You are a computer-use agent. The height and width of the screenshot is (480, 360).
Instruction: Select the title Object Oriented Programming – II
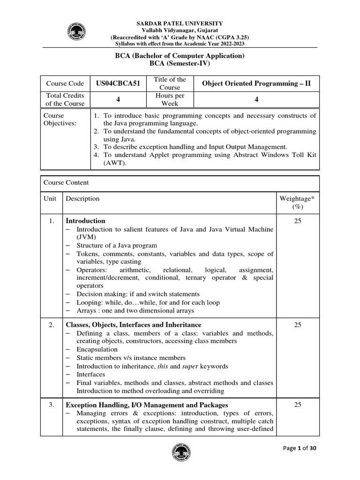click(256, 83)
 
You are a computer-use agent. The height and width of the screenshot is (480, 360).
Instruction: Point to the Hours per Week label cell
click(170, 99)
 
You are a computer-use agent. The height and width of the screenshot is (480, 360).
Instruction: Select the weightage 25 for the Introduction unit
click(297, 221)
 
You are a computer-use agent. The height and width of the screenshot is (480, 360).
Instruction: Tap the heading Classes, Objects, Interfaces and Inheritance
click(134, 324)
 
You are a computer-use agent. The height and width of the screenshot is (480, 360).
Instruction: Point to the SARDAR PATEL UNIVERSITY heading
click(180, 23)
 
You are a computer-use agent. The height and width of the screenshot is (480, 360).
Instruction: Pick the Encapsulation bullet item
click(97, 349)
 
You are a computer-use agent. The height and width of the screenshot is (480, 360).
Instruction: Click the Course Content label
click(66, 182)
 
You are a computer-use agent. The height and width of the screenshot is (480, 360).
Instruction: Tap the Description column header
click(82, 198)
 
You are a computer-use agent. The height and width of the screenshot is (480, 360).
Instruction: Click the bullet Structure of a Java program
click(117, 245)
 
